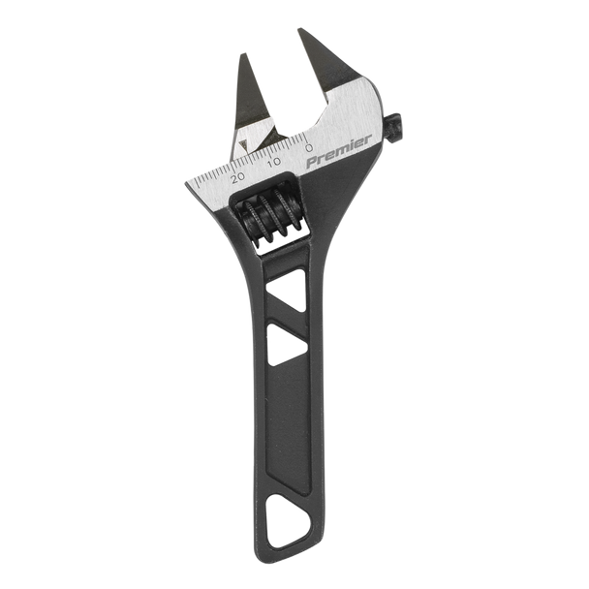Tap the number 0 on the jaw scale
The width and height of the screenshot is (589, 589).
click(308, 148)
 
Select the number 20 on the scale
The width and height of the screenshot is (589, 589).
click(238, 177)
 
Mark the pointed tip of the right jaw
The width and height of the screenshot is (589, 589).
click(296, 28)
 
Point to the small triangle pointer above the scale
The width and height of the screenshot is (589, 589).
click(244, 148)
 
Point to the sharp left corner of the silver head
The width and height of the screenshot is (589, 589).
click(182, 179)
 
